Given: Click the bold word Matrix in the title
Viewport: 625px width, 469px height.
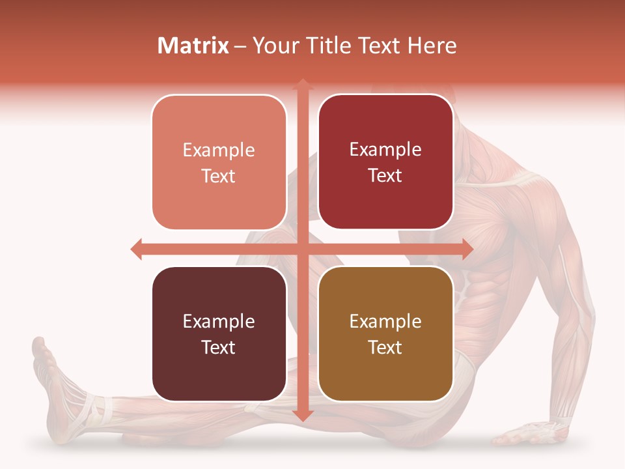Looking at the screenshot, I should pyautogui.click(x=193, y=46).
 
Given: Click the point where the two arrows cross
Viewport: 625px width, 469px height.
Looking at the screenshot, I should pyautogui.click(x=302, y=249).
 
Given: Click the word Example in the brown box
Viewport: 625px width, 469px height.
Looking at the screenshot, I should pyautogui.click(x=385, y=321).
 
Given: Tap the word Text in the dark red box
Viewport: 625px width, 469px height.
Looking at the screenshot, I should pyautogui.click(x=385, y=176).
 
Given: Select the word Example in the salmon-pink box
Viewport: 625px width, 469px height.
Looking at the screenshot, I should pyautogui.click(x=219, y=150).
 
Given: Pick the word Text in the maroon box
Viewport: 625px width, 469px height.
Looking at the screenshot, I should pyautogui.click(x=219, y=347).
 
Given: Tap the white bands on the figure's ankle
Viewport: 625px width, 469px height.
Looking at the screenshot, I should pyautogui.click(x=98, y=407).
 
